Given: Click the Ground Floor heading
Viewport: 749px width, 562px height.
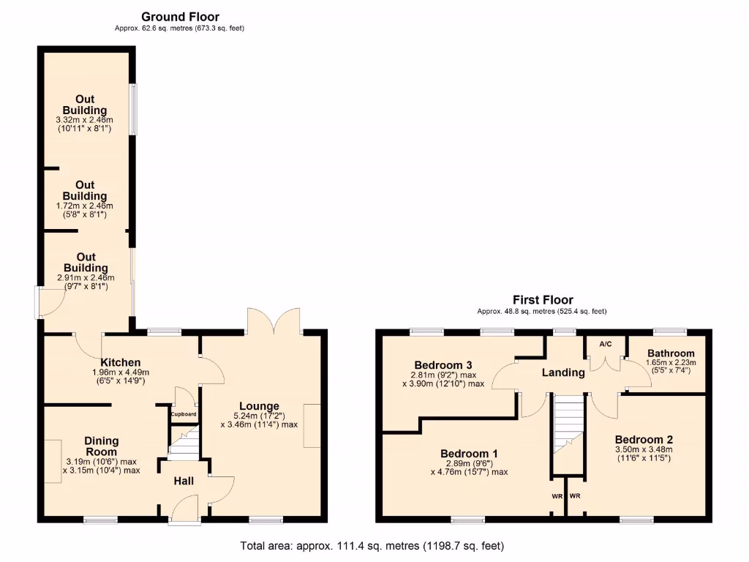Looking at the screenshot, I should point(180,17).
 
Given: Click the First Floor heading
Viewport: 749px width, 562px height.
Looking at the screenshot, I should point(542,300).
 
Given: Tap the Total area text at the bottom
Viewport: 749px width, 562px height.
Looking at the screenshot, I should point(372,546).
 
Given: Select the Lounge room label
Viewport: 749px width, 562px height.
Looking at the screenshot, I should point(259,406).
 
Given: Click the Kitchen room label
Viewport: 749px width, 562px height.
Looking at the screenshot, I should point(121,362).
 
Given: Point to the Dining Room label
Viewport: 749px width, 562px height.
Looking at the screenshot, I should point(102,446).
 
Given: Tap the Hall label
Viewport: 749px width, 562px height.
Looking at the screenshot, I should point(184,481).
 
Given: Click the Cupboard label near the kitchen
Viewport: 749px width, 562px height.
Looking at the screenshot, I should point(184,414).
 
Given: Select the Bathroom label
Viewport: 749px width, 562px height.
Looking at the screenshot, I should point(671,353).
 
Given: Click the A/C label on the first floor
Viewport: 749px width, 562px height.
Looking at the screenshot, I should point(606,344).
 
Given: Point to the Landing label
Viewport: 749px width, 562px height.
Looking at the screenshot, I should point(562,372).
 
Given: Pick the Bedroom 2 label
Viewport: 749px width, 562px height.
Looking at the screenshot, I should point(644,439).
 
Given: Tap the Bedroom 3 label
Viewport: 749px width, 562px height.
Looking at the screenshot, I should point(443,365).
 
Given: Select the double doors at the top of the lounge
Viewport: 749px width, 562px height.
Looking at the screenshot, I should point(274,321).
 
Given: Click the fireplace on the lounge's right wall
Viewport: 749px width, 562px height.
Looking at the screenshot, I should point(312,425).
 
